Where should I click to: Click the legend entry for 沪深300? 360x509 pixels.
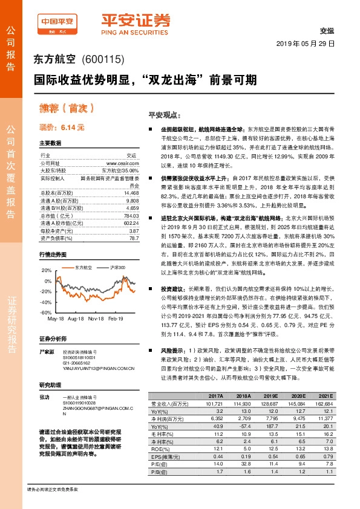pos(117,267)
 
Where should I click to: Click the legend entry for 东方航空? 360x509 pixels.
pos(83,267)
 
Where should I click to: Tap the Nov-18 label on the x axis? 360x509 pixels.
pos(96,318)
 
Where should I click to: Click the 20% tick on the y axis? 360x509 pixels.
pos(47,270)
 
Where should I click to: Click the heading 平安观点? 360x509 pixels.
pos(161,114)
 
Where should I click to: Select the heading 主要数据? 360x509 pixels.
pos(50,143)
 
